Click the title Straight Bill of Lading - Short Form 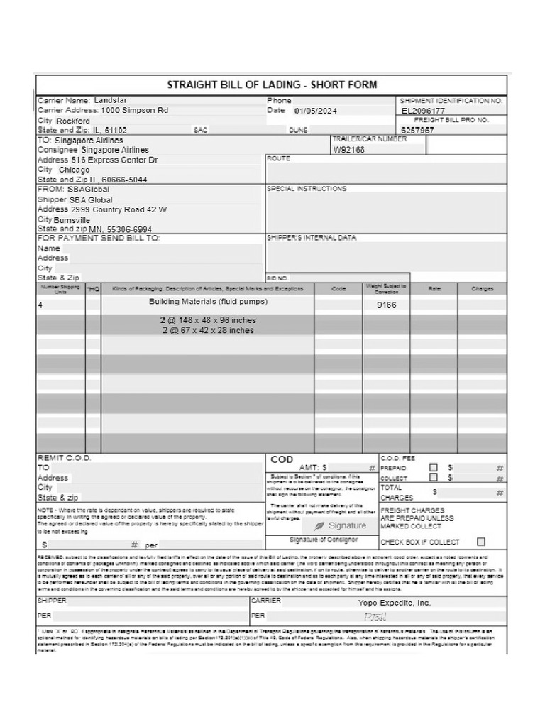272,85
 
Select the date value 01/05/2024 316,111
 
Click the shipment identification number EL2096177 423,111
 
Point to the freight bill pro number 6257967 417,131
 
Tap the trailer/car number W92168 348,151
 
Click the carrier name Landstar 111,101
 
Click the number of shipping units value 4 40,305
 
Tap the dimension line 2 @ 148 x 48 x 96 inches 208,320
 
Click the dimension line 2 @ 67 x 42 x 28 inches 208,330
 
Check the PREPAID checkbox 434,468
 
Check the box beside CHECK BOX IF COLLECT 481,542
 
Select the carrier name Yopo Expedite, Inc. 395,603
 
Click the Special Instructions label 307,189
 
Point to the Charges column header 483,289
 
